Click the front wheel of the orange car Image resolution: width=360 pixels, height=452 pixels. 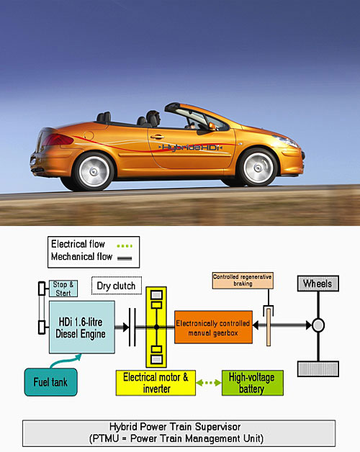tap(258, 167)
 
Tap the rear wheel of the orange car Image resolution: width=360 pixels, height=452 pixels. tap(94, 171)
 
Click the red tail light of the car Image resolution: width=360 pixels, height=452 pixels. tap(57, 140)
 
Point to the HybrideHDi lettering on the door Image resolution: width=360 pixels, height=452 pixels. tap(190, 148)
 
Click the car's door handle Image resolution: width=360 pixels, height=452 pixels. tap(157, 137)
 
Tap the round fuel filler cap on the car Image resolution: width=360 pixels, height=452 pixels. tap(89, 135)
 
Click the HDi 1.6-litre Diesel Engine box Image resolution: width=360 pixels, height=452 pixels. tap(82, 327)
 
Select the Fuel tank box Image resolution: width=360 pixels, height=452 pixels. tap(51, 382)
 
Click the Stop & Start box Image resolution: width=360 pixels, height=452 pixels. tap(63, 289)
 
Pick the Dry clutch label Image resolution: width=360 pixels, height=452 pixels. tap(117, 286)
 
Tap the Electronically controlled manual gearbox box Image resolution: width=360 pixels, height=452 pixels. tap(213, 327)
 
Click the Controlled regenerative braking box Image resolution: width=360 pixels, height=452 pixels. tap(243, 280)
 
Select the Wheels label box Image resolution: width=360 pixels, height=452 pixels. tap(318, 284)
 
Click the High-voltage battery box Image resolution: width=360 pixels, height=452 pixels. tap(253, 383)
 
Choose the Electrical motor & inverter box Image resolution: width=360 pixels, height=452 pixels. tap(156, 383)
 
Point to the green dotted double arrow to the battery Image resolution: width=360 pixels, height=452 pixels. tap(209, 383)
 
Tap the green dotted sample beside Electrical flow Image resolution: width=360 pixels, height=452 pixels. tap(125, 246)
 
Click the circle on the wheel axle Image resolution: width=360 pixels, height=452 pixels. tap(318, 325)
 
